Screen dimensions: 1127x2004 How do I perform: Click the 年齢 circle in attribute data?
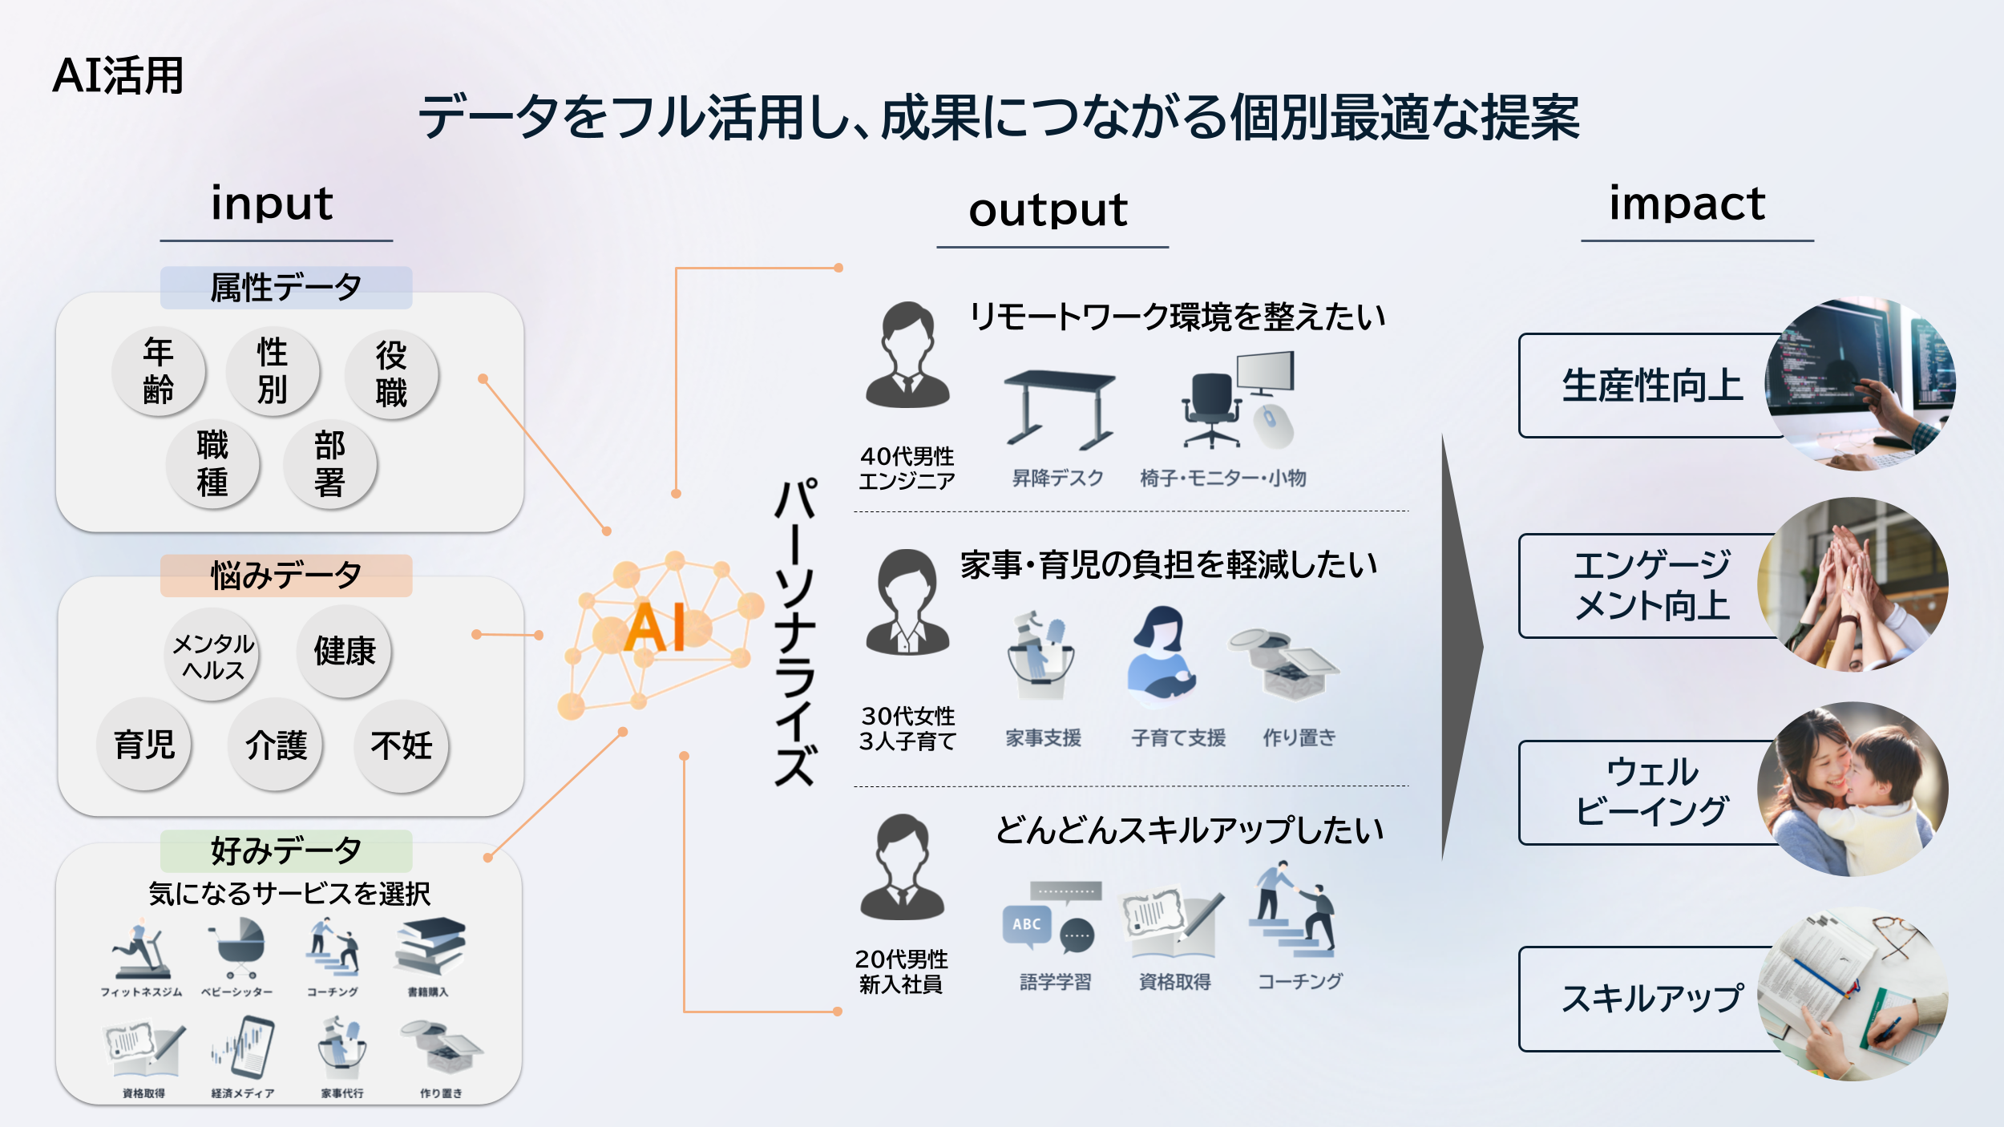click(159, 371)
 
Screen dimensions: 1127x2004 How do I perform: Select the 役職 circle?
click(391, 374)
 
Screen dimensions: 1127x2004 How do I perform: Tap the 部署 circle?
click(329, 464)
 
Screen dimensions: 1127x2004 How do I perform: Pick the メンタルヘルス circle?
click(213, 656)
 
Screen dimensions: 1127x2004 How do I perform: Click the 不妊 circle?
click(401, 745)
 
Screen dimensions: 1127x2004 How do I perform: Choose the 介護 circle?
click(276, 745)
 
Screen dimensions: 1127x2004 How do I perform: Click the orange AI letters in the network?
click(655, 628)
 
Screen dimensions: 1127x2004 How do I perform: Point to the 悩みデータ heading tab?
click(286, 576)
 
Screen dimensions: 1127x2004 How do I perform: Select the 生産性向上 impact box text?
click(1652, 386)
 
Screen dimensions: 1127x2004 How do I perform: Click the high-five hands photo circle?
click(1852, 584)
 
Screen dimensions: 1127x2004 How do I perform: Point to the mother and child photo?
click(1852, 789)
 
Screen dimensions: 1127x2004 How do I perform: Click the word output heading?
click(1048, 211)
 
